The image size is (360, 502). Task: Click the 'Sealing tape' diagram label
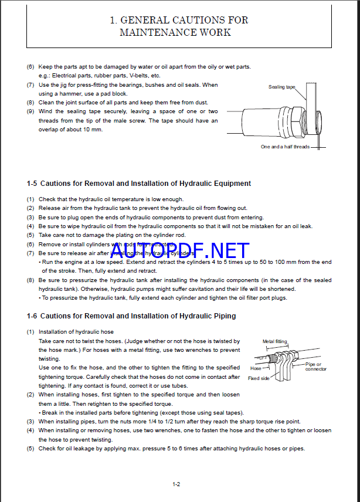point(282,87)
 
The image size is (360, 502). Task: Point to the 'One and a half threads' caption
point(285,147)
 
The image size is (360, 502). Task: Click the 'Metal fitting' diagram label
point(274,341)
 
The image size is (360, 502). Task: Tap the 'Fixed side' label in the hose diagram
point(259,378)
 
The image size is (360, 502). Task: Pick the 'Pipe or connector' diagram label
point(316,367)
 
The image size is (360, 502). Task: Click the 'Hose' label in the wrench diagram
point(256,368)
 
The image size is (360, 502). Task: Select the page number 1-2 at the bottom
point(176,484)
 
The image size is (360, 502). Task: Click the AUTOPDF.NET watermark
point(179,251)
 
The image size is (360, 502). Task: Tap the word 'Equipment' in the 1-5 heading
point(230,184)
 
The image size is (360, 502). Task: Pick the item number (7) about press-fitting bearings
point(30,85)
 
